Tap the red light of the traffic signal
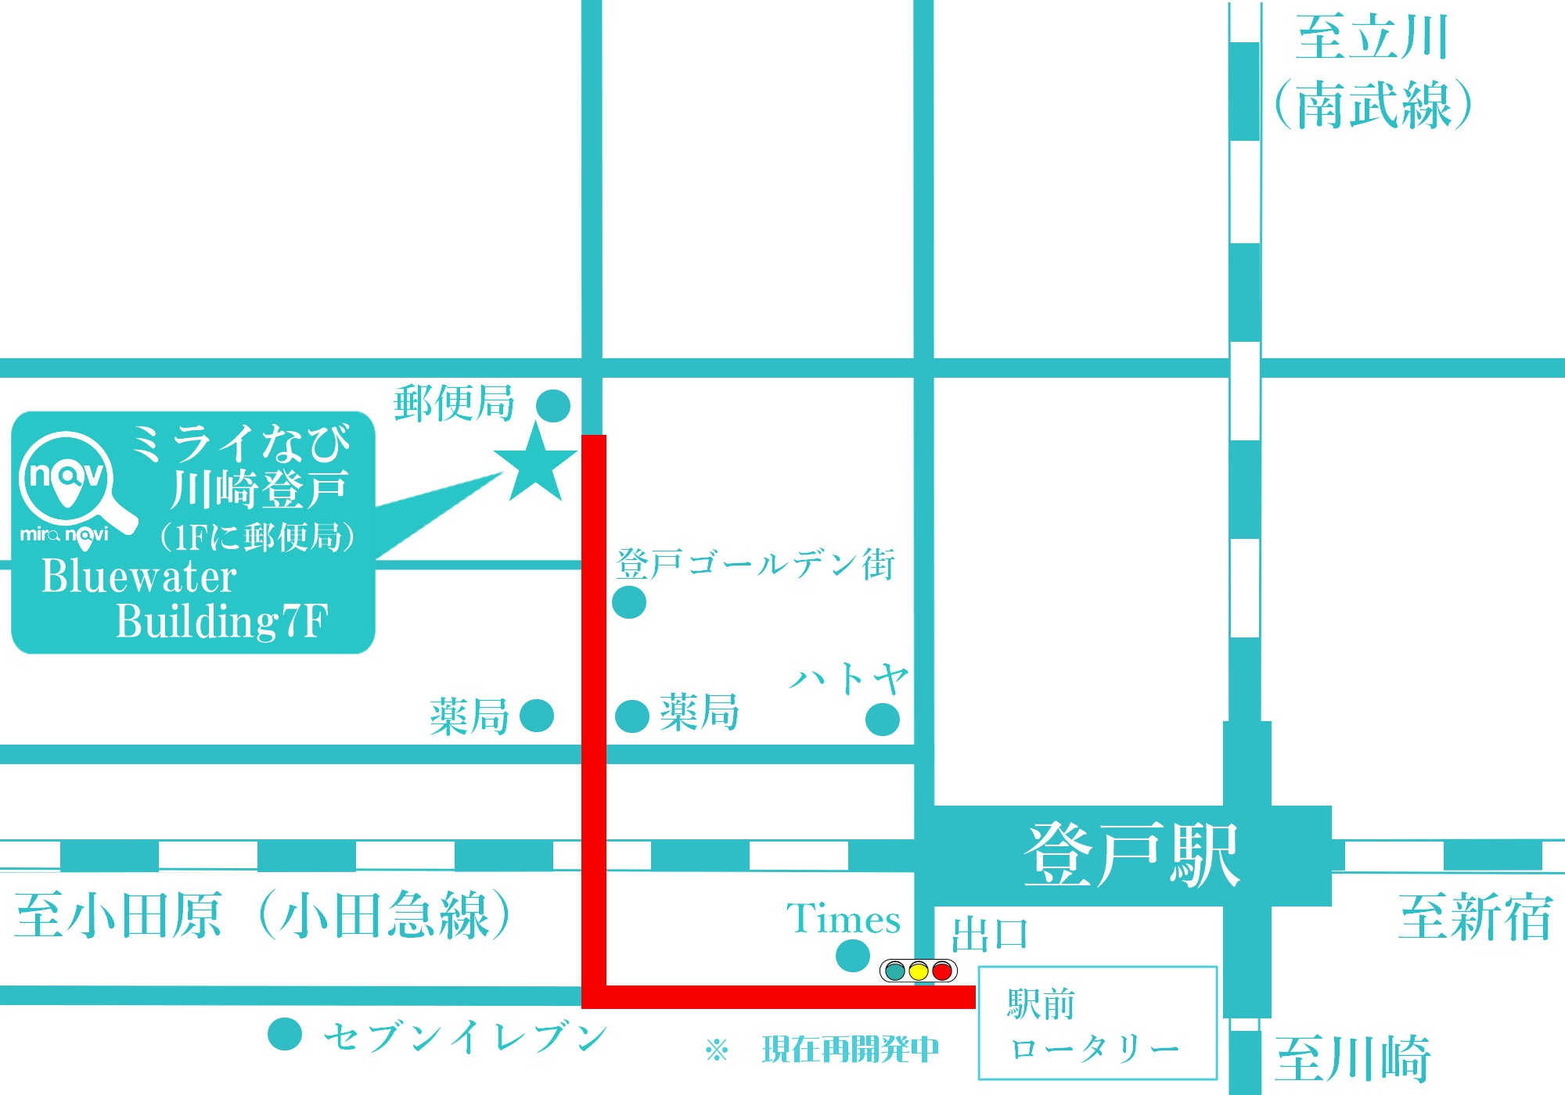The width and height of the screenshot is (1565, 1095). click(942, 971)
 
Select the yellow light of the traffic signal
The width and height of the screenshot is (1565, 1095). click(919, 971)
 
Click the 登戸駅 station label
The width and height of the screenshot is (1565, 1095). click(1131, 856)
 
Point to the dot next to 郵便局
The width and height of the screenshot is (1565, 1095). click(553, 406)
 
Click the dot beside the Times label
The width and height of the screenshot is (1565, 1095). click(853, 956)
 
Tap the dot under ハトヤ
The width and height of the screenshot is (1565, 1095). click(883, 720)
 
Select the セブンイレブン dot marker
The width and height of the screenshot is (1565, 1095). click(285, 1034)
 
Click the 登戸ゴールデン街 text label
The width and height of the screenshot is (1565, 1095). click(756, 564)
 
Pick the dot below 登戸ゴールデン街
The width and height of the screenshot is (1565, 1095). click(629, 602)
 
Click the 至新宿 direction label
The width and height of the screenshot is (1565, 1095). click(1475, 917)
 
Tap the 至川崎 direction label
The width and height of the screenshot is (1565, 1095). click(1354, 1059)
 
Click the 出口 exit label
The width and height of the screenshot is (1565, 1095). click(990, 935)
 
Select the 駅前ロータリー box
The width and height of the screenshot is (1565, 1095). click(1098, 1023)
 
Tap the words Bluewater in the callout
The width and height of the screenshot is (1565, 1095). click(139, 577)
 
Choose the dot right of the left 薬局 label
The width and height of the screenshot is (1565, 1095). click(537, 716)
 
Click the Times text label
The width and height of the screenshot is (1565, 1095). click(843, 918)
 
